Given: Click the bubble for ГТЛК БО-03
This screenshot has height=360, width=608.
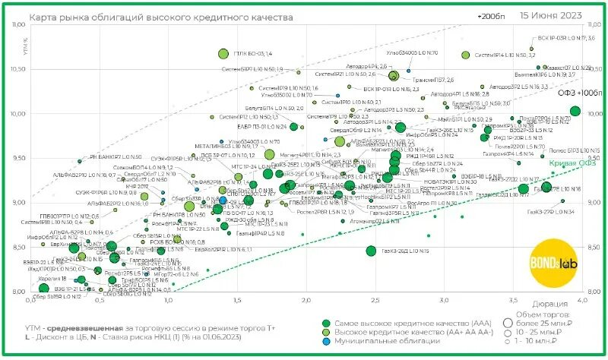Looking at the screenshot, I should coord(223,54).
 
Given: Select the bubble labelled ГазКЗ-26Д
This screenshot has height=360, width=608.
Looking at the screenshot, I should coord(371,251).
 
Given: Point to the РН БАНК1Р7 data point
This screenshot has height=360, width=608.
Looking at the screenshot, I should coord(79,161).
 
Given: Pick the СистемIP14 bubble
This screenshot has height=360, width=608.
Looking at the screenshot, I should coord(466,55).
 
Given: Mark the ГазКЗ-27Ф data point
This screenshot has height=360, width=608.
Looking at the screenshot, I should coord(562,201).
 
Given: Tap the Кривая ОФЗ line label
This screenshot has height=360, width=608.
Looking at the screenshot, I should coord(566,163).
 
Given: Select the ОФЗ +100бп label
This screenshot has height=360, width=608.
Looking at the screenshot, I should coord(578,93).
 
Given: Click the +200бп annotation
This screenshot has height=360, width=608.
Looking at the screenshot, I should coord(492,16).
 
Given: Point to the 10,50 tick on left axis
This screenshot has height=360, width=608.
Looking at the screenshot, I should coord(18,68).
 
